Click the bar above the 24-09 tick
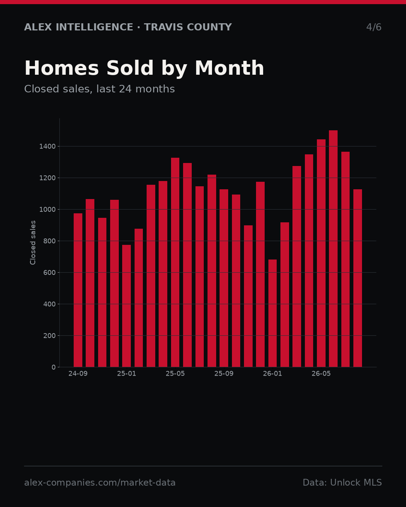tap(78, 290)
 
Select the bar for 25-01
tap(126, 306)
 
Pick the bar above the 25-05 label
tap(175, 262)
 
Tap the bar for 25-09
tap(224, 278)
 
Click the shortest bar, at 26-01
tap(273, 313)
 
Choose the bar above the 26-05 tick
tap(321, 253)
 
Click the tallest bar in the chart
tap(333, 249)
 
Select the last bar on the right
tap(358, 278)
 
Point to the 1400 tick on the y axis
tap(47, 146)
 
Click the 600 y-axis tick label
tap(49, 273)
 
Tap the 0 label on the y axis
tap(54, 367)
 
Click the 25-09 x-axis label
tap(224, 374)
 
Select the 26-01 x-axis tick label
tap(273, 374)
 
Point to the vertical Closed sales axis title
tap(33, 243)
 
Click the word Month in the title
tap(229, 68)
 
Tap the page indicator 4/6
tap(374, 27)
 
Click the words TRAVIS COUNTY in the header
tap(188, 27)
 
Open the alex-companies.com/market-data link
tap(100, 483)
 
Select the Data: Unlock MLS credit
tap(342, 483)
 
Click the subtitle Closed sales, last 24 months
tap(100, 89)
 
